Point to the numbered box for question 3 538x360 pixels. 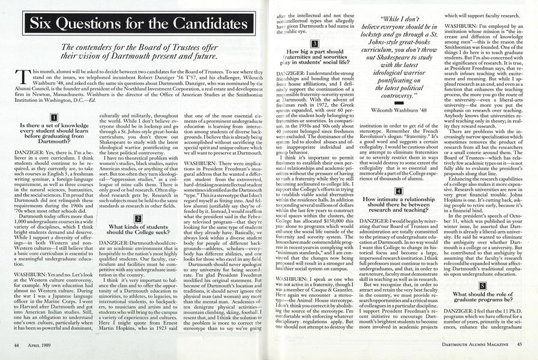point(314,44)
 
